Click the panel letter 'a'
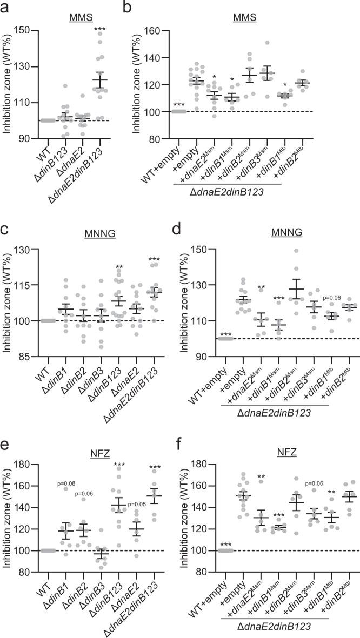pyautogui.click(x=6, y=6)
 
